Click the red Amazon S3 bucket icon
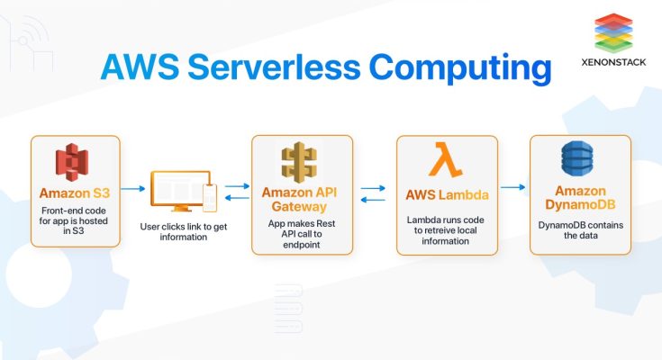tap(75, 164)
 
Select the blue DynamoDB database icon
tap(579, 160)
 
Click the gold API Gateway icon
tap(299, 162)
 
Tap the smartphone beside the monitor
tap(211, 197)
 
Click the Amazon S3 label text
tap(75, 193)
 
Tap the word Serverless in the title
tap(274, 67)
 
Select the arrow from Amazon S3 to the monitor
tap(133, 189)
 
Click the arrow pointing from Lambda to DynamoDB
tap(513, 187)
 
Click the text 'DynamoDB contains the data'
tap(579, 229)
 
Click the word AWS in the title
tap(135, 67)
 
